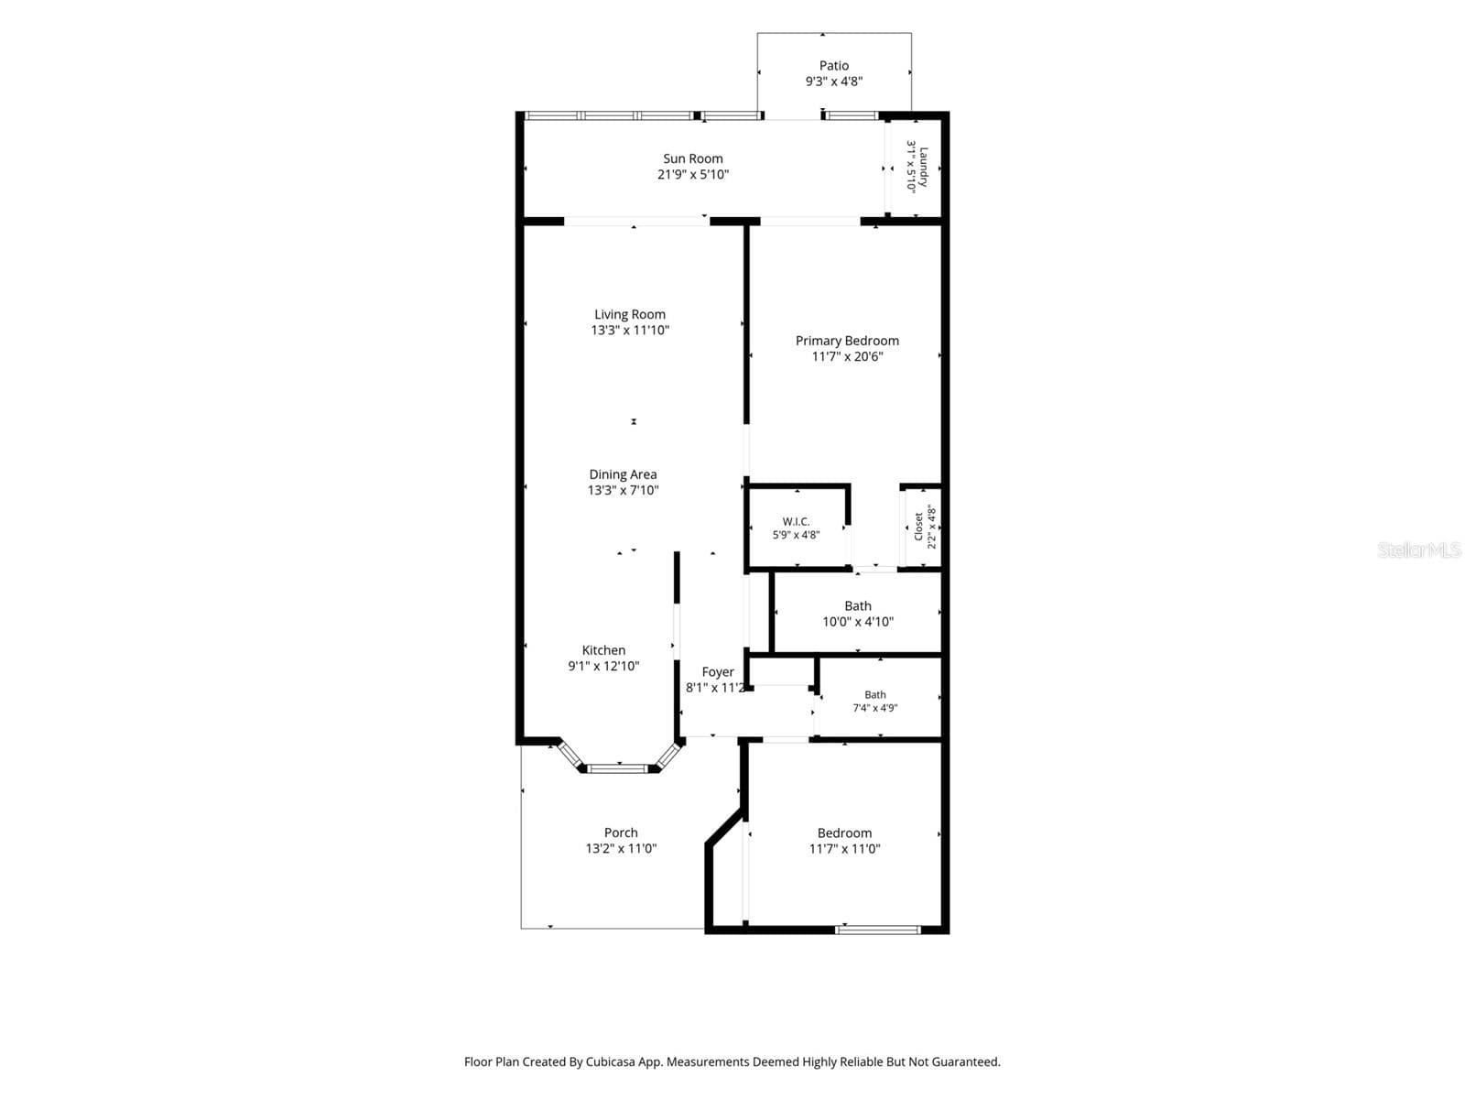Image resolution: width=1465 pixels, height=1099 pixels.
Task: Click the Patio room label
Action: pyautogui.click(x=833, y=65)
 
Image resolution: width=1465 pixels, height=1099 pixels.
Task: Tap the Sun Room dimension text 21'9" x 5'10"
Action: pyautogui.click(x=693, y=175)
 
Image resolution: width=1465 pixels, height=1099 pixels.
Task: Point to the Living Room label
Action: pyautogui.click(x=629, y=314)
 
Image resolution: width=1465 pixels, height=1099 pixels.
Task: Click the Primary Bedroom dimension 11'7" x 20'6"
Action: pyautogui.click(x=847, y=356)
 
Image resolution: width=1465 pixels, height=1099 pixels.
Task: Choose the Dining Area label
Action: pyautogui.click(x=623, y=474)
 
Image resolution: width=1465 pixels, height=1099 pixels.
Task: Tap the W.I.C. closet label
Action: pyautogui.click(x=796, y=522)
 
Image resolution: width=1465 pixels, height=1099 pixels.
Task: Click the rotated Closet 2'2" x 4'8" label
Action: pyautogui.click(x=925, y=528)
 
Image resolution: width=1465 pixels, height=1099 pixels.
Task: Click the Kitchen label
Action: pyautogui.click(x=603, y=650)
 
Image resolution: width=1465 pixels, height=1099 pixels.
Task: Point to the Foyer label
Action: pyautogui.click(x=718, y=672)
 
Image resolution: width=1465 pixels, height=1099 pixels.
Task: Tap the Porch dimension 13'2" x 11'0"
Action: pyautogui.click(x=621, y=849)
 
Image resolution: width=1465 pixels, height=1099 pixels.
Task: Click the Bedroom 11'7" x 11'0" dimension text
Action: pyautogui.click(x=844, y=849)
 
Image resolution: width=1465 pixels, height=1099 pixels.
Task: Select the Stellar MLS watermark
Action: pyautogui.click(x=1419, y=549)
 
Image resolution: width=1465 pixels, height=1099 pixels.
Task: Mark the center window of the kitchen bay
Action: pyautogui.click(x=618, y=768)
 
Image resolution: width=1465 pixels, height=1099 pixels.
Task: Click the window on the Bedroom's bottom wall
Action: pyautogui.click(x=878, y=930)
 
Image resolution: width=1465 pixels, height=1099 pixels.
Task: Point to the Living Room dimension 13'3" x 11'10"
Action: pyautogui.click(x=629, y=331)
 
